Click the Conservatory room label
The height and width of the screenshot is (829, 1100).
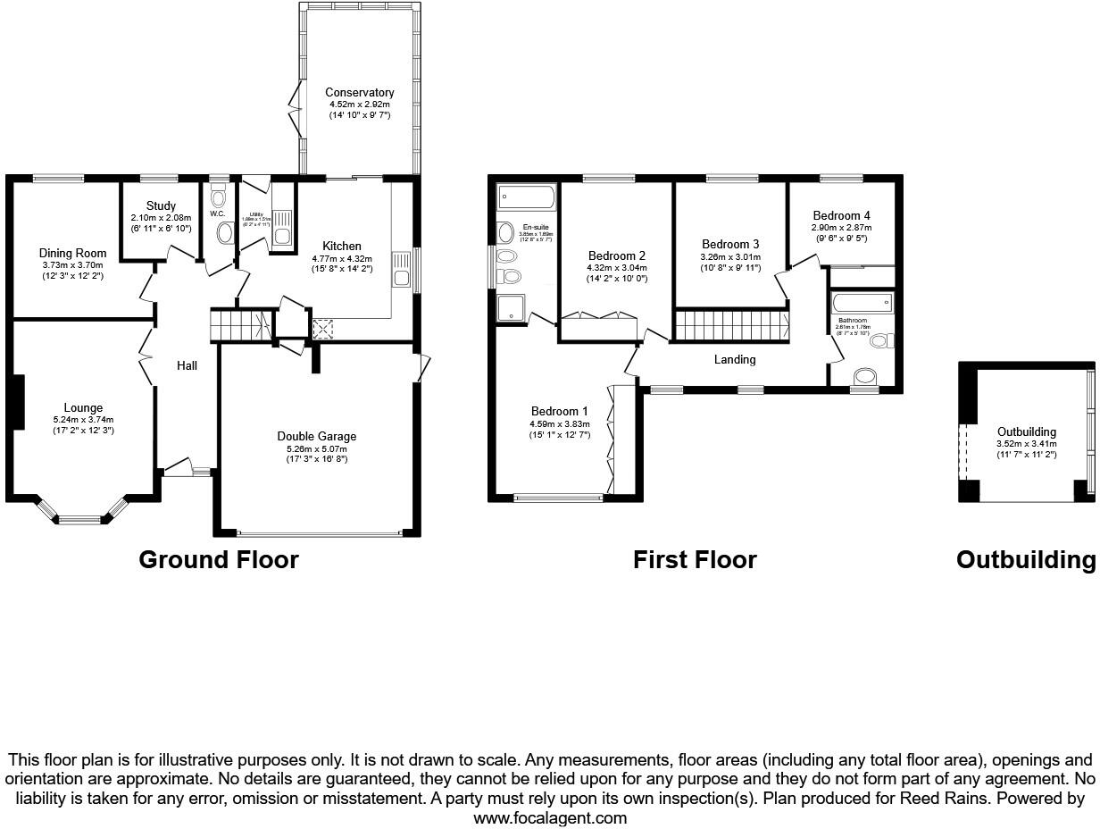pyautogui.click(x=359, y=93)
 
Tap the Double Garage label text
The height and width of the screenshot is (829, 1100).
pyautogui.click(x=316, y=437)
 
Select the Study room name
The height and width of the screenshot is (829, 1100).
pyautogui.click(x=161, y=206)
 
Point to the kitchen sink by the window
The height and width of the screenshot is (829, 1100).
pyautogui.click(x=400, y=267)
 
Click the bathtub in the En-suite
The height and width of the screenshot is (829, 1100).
pyautogui.click(x=527, y=197)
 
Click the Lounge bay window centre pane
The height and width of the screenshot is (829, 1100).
pyautogui.click(x=81, y=518)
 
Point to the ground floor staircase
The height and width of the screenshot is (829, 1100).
pyautogui.click(x=239, y=325)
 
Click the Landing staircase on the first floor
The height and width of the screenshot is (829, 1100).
pyautogui.click(x=730, y=325)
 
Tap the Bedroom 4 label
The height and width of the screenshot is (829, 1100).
pyautogui.click(x=841, y=216)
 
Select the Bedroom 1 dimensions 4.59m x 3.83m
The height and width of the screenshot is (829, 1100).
pyautogui.click(x=560, y=424)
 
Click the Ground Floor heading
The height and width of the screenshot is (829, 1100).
pyautogui.click(x=219, y=560)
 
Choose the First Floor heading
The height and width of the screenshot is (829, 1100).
pyautogui.click(x=695, y=560)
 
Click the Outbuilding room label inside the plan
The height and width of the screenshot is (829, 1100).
pyautogui.click(x=1027, y=432)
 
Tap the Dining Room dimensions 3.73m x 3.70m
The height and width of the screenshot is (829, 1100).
pyautogui.click(x=73, y=265)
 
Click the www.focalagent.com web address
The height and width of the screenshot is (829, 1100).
pyautogui.click(x=550, y=817)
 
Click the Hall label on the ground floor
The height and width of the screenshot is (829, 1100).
pyautogui.click(x=187, y=365)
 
